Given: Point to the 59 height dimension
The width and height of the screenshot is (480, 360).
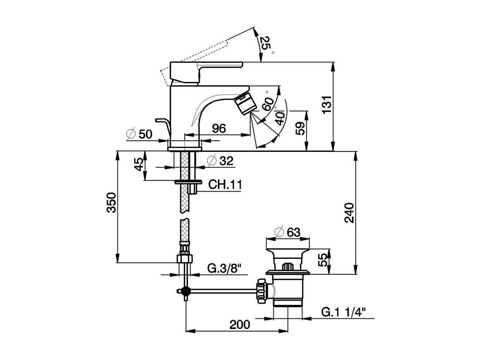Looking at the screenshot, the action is [x=300, y=129].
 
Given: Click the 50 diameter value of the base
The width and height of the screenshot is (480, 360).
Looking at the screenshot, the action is [x=145, y=134].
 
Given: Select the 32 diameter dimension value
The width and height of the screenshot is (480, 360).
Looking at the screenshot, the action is [x=226, y=161].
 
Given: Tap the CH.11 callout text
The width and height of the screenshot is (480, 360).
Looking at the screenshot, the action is [x=225, y=185].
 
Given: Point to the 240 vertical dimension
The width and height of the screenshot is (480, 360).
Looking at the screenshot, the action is [x=349, y=213].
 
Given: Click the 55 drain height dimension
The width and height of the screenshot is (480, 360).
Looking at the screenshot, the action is [x=323, y=260].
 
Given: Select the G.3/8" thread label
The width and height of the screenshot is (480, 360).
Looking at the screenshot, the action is [x=224, y=269].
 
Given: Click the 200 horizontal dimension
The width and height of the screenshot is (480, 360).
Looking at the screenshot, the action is [x=240, y=325].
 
